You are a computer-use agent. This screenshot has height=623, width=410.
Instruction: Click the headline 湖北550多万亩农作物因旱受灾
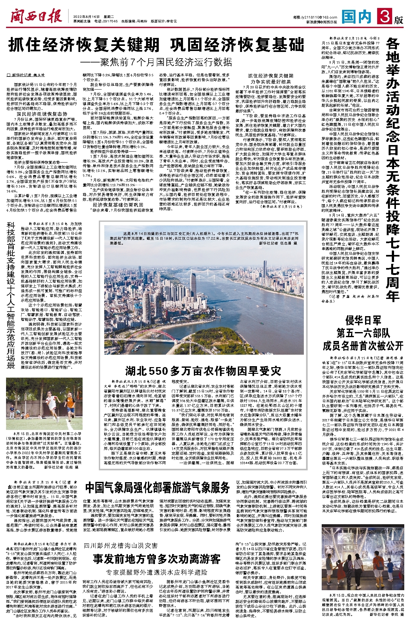click(203, 371)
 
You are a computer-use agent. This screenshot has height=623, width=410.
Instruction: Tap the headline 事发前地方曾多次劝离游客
click(157, 559)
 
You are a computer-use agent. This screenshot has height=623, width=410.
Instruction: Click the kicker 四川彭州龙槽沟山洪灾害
click(121, 546)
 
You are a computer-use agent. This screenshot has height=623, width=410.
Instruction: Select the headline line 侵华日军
click(363, 320)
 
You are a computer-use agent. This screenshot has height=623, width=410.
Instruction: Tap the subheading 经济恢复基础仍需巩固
click(118, 205)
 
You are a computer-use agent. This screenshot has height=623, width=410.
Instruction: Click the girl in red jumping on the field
click(50, 399)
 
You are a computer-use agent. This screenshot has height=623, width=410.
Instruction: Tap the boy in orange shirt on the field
click(69, 402)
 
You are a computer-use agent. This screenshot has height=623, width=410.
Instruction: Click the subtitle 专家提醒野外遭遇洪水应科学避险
click(157, 572)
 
